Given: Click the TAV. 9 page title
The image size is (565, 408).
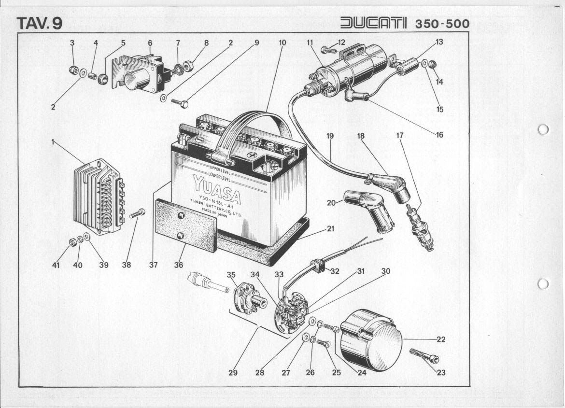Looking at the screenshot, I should pyautogui.click(x=39, y=23).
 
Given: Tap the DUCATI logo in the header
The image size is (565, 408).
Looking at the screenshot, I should pyautogui.click(x=374, y=23).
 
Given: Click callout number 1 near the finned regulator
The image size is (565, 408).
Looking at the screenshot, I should pyautogui.click(x=52, y=142).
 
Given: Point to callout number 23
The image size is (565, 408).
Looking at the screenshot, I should pyautogui.click(x=441, y=372).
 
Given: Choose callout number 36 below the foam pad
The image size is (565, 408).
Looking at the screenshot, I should pyautogui.click(x=179, y=265).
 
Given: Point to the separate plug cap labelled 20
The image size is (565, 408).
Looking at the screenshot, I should pyautogui.click(x=369, y=210).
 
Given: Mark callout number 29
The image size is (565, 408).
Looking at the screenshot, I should pyautogui.click(x=233, y=372).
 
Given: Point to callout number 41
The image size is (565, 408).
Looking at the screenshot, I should pyautogui.click(x=56, y=265).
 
